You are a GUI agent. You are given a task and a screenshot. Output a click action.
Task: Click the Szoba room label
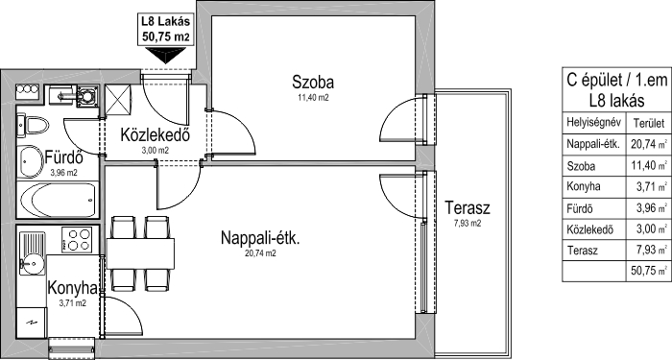click(x=313, y=82)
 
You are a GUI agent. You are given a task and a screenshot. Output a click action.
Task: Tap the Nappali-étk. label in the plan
click(x=260, y=237)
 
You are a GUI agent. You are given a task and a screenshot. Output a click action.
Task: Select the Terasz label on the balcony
click(x=468, y=208)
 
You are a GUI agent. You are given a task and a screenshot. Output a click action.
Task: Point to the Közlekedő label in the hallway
click(x=156, y=135)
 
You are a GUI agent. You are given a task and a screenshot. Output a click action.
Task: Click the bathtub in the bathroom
click(x=58, y=200)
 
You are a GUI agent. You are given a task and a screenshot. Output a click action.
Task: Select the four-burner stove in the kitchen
click(x=77, y=240)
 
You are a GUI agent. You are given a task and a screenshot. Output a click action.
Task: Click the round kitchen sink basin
click(x=31, y=262)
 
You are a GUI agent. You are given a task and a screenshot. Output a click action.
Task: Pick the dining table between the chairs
click(x=140, y=253)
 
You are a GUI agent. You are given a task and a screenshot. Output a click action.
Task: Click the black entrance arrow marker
click(x=165, y=56)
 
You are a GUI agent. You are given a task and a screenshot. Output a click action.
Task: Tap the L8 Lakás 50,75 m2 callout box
click(x=165, y=29)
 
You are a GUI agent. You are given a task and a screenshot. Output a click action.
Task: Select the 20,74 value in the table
click(x=643, y=144)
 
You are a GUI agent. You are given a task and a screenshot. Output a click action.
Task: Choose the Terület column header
click(x=649, y=124)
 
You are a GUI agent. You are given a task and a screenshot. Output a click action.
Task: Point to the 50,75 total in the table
click(x=643, y=271)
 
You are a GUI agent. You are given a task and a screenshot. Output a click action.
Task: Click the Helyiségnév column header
click(x=593, y=122)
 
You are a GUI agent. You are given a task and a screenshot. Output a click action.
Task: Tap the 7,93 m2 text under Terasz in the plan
click(x=468, y=223)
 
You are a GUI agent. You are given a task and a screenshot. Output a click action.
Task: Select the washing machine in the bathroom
click(x=87, y=96)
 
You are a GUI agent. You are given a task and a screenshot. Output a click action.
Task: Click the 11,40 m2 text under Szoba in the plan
click(x=313, y=97)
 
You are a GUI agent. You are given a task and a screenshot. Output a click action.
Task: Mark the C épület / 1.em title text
click(x=617, y=80)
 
